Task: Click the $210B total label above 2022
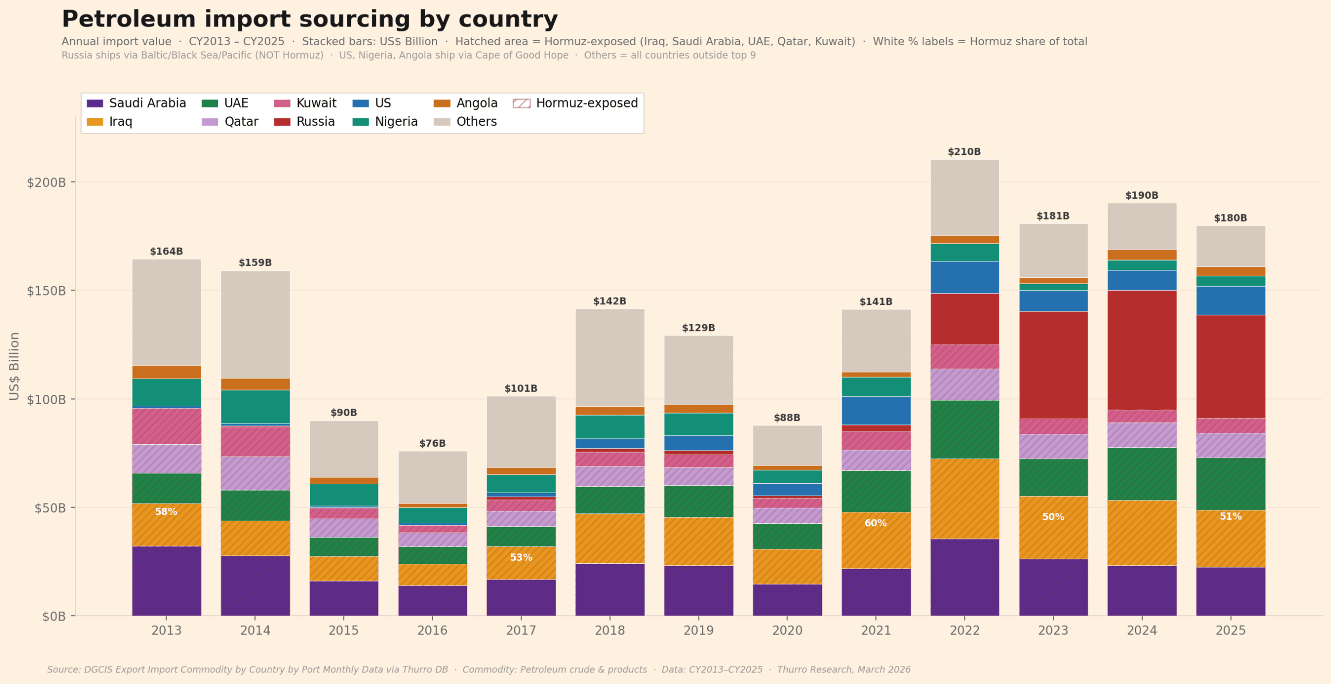click(964, 152)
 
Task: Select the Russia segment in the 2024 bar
click(1142, 350)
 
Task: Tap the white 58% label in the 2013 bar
click(166, 512)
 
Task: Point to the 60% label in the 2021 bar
click(876, 523)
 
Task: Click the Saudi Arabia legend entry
click(136, 103)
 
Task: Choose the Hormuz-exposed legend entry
click(576, 103)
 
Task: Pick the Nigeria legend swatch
click(360, 122)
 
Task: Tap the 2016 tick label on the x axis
click(432, 630)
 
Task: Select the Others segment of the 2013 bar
click(166, 312)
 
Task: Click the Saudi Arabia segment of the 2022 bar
click(964, 577)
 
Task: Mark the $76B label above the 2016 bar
click(432, 444)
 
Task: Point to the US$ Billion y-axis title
click(14, 366)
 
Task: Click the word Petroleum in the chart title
click(128, 19)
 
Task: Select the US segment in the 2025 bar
click(1230, 301)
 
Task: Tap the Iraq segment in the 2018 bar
click(609, 538)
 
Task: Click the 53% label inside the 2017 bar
click(520, 558)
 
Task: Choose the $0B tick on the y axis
click(54, 616)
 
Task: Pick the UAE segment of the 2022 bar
click(964, 429)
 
